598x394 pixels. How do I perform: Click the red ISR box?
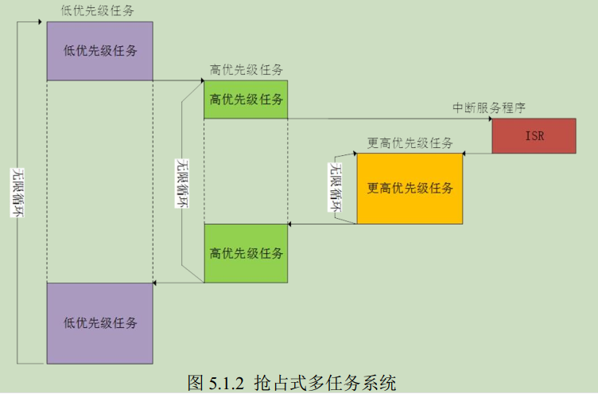(x=534, y=135)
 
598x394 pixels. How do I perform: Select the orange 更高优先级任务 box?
(x=410, y=189)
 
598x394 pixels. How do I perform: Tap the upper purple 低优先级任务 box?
(x=99, y=51)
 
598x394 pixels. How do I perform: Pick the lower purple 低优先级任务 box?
(x=99, y=322)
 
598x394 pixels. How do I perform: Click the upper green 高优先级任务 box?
(x=246, y=99)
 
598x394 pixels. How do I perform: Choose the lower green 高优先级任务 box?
(x=246, y=253)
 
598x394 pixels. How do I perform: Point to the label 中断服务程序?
(x=489, y=107)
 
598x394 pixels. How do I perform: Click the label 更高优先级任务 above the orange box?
(x=410, y=143)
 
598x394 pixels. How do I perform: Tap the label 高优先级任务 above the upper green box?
(x=247, y=70)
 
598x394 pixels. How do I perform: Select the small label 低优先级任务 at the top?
(x=97, y=10)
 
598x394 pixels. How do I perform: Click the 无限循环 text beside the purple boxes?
(x=17, y=192)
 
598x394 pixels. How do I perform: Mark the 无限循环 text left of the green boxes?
(x=182, y=183)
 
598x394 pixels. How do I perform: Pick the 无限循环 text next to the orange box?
(x=336, y=188)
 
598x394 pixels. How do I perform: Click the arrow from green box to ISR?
(x=390, y=119)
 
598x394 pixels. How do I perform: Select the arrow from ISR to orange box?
(x=477, y=154)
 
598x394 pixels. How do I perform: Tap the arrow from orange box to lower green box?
(x=322, y=224)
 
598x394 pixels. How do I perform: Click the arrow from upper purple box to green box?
(x=178, y=80)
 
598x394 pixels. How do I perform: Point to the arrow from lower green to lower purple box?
(x=178, y=283)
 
